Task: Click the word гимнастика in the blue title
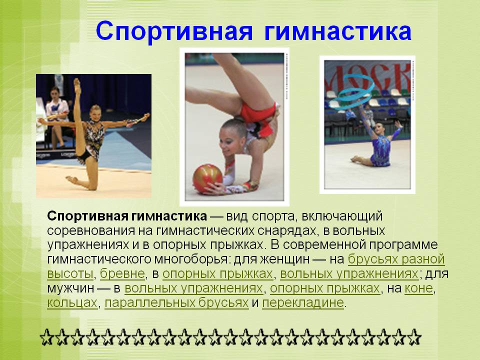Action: (x=337, y=31)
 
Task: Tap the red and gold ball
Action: (x=207, y=179)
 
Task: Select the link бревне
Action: (x=122, y=273)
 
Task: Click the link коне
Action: (x=419, y=288)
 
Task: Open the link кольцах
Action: (x=72, y=303)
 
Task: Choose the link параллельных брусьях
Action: (x=176, y=303)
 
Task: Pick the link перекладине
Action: (x=303, y=303)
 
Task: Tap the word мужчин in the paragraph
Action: (x=70, y=288)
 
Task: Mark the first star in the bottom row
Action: (x=47, y=337)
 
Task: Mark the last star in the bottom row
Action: (x=414, y=337)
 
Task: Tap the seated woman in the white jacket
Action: (x=57, y=116)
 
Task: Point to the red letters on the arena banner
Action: (x=367, y=77)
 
